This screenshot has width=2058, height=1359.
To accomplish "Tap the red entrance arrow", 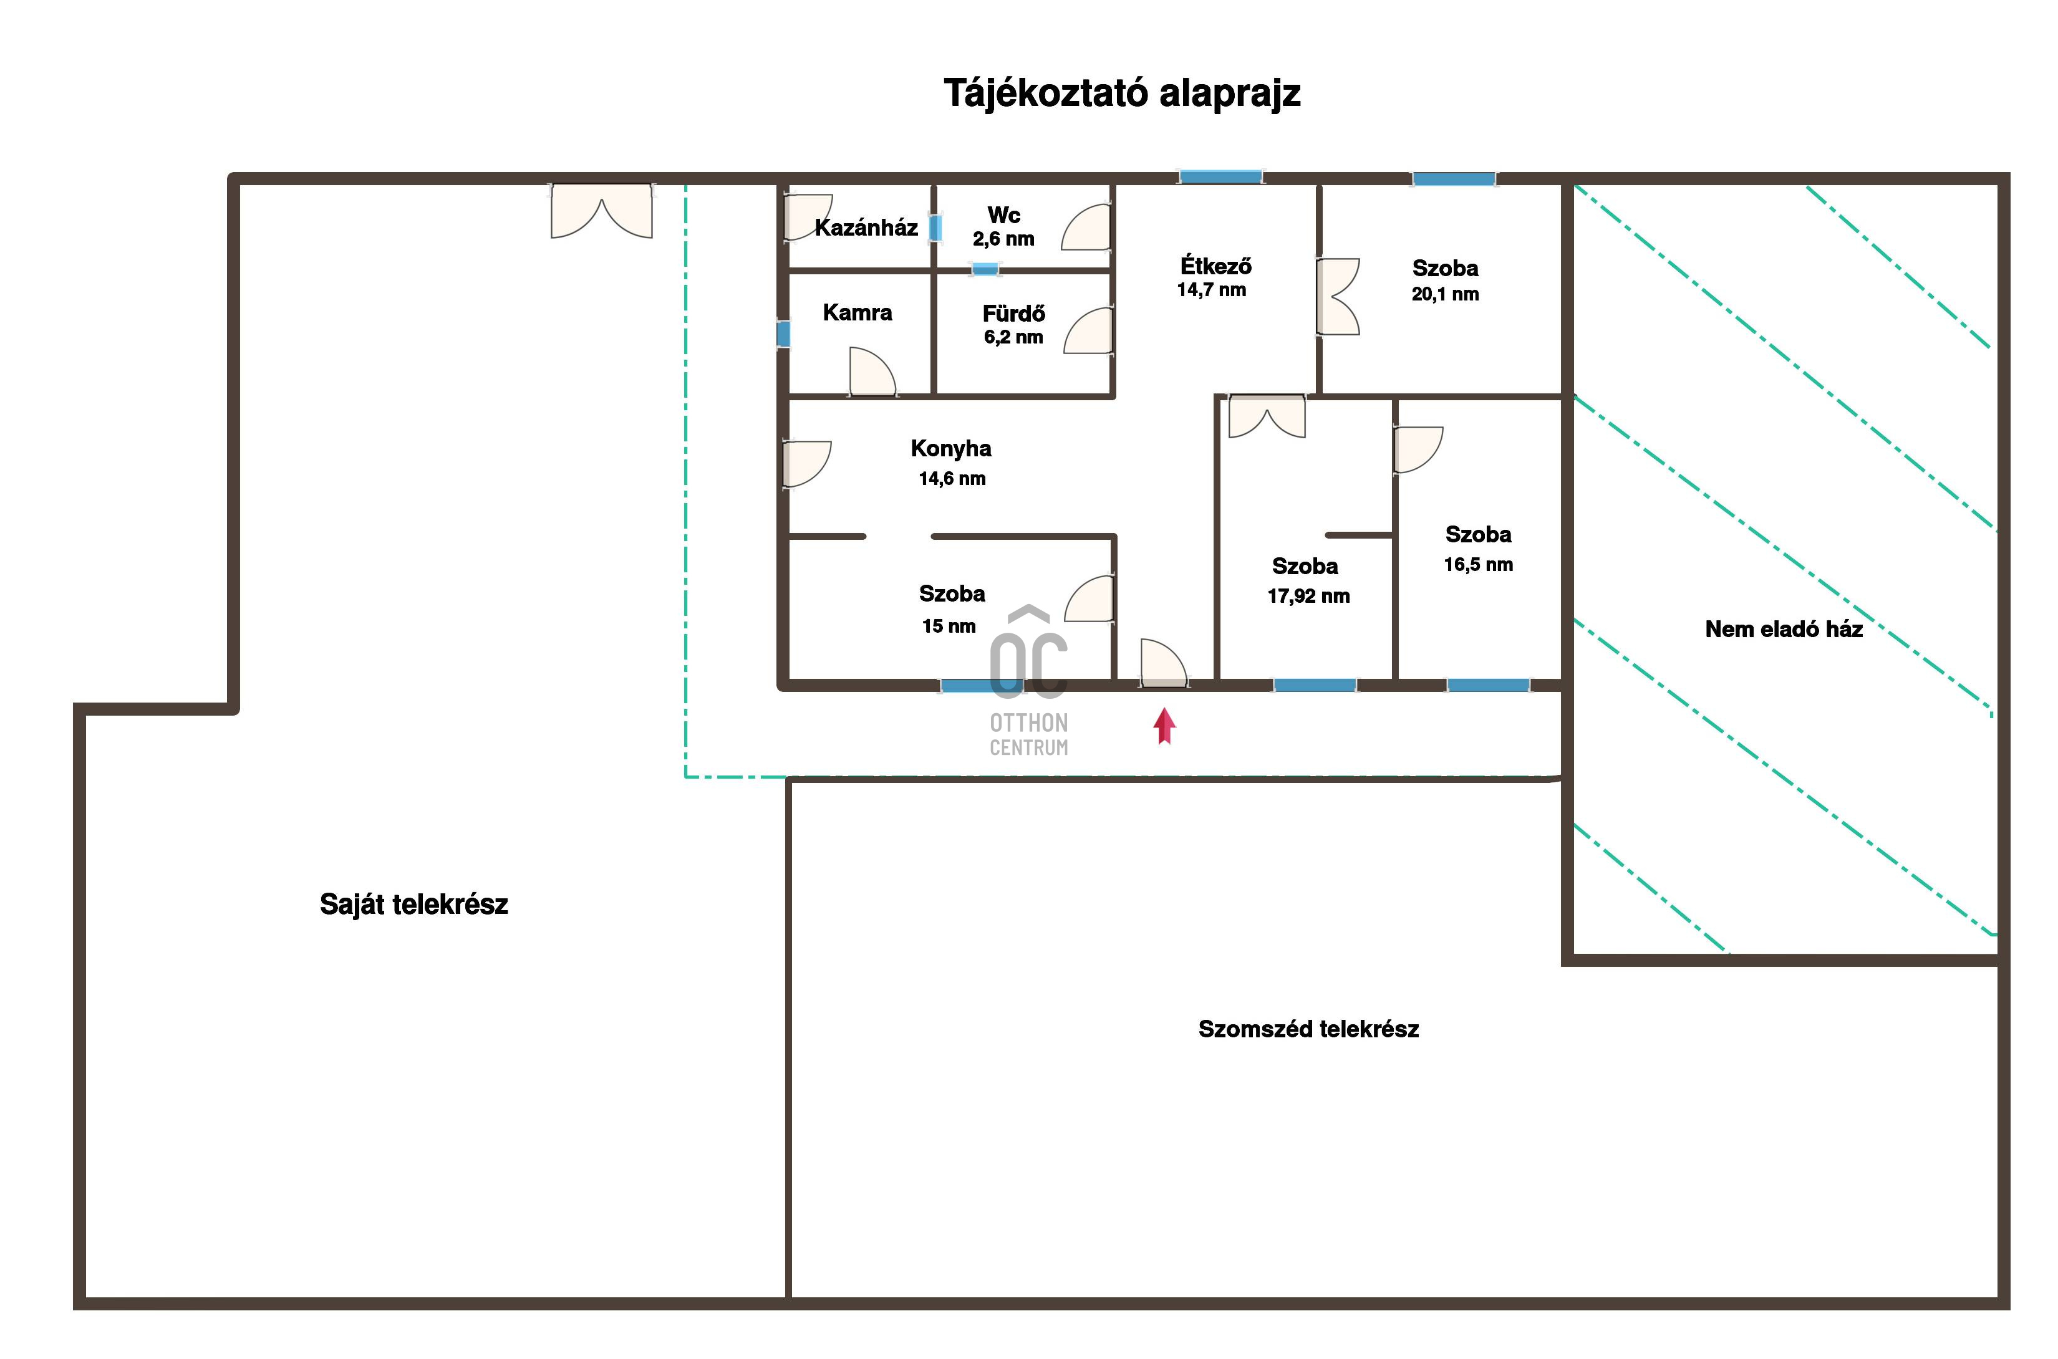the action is tap(1164, 726).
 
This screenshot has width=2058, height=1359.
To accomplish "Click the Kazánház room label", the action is tap(866, 228).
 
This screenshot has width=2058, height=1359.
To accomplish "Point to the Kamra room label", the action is tap(857, 312).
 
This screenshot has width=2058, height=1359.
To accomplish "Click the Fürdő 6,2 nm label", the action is tap(1013, 324).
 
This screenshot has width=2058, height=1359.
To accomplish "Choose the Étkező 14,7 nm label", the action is tap(1214, 277).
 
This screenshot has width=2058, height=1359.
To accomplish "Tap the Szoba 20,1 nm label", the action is tap(1445, 281).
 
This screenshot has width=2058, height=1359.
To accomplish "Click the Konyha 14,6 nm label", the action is tap(951, 463).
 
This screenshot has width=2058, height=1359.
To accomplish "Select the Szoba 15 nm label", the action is tap(951, 609).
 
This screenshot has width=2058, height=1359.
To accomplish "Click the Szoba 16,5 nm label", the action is tap(1478, 549).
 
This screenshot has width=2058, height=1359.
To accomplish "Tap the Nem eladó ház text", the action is tap(1783, 629).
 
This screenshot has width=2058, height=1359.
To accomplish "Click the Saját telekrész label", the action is tap(413, 905).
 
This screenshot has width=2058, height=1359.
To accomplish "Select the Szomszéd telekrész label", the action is tap(1308, 1029).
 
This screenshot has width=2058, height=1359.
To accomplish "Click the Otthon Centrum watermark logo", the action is tap(1029, 680).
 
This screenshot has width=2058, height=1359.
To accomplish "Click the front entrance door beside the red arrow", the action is tap(1163, 664).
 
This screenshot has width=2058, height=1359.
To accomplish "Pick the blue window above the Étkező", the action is tap(1220, 177).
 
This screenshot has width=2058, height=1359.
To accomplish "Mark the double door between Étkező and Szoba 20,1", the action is tap(1338, 296).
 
